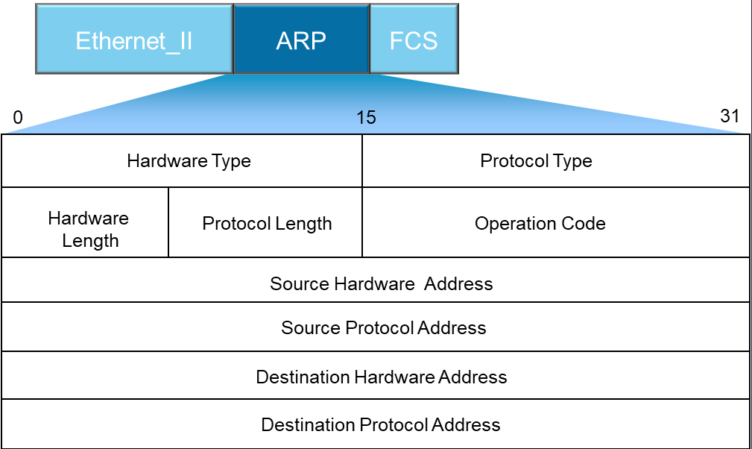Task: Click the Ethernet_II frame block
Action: coord(134,39)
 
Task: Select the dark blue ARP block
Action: coord(302,39)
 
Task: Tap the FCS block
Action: coord(414,39)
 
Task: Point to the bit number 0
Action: coord(18,118)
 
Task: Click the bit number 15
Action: coord(366,118)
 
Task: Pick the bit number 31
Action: coord(730,116)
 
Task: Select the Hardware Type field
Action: coord(182,160)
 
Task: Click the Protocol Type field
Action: coord(556,160)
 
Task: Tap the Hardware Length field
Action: coord(85,222)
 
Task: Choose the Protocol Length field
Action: coord(265,222)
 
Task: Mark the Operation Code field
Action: coord(556,222)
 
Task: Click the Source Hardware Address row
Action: coord(376,280)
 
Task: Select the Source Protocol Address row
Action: coord(376,327)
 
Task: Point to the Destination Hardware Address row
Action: coord(376,375)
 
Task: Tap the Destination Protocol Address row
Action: coord(376,424)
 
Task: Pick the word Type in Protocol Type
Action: coord(572,162)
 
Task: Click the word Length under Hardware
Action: coord(90,241)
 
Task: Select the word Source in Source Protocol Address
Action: coord(311,328)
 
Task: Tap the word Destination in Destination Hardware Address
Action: coord(303,377)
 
